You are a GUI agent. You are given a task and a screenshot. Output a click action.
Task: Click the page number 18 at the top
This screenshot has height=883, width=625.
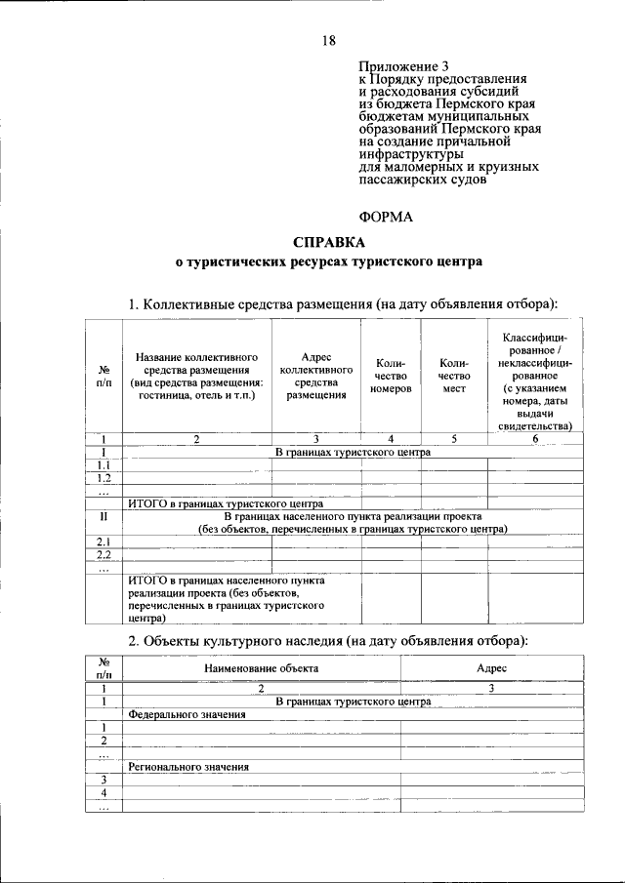tap(328, 40)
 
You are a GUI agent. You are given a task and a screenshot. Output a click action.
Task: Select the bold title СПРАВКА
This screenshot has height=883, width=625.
tap(328, 241)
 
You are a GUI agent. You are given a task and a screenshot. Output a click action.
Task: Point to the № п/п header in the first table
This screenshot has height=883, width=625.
tap(104, 376)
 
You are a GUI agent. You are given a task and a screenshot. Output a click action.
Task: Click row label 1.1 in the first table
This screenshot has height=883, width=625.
tap(104, 464)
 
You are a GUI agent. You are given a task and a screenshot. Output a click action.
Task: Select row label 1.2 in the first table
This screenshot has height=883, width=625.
tap(104, 478)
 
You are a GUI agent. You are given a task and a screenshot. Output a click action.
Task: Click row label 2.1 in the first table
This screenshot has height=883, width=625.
tap(104, 542)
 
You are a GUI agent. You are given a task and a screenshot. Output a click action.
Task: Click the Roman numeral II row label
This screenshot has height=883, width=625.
tap(104, 516)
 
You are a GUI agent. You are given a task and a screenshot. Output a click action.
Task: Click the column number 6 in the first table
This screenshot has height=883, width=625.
tap(535, 439)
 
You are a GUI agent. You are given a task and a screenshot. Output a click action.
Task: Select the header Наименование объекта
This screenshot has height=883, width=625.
tap(260, 668)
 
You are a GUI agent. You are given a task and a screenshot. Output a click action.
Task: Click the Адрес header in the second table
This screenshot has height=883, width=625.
tap(491, 668)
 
